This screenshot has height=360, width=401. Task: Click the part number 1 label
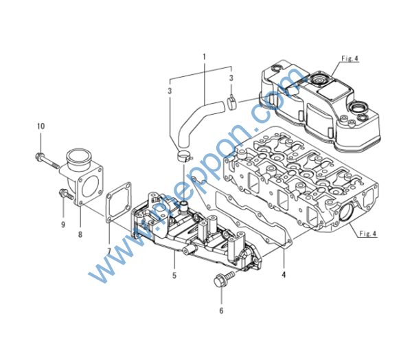pos(205,57)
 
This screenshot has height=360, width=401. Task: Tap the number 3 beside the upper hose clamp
pos(231,78)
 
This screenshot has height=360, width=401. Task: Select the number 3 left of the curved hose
pos(170,91)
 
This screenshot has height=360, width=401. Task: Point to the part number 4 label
pos(284,275)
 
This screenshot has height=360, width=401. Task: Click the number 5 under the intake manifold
pos(174,275)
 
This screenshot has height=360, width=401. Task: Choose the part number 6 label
pos(222,311)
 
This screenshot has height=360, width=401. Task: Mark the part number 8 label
pos(80,234)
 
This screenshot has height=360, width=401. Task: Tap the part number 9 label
pos(63,225)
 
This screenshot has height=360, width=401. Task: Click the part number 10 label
pos(41,126)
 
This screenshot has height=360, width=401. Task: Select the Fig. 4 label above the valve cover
pos(350,58)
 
